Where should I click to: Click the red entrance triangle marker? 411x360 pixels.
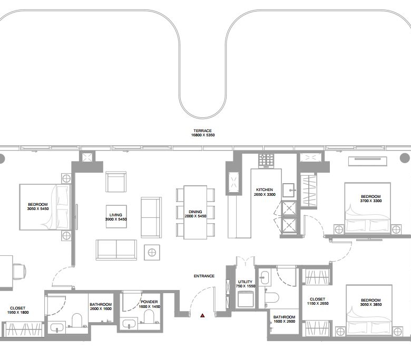(x=202, y=315)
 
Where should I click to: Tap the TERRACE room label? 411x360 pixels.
(x=203, y=131)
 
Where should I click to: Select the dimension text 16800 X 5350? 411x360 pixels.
(x=203, y=135)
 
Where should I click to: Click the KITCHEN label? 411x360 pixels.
(x=265, y=189)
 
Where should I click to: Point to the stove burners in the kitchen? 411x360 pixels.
(x=266, y=159)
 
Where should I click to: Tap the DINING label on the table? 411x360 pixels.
(x=195, y=212)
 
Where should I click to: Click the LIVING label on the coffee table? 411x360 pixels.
(x=115, y=215)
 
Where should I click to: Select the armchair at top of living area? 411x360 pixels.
(x=116, y=182)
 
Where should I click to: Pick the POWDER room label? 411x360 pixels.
(x=149, y=302)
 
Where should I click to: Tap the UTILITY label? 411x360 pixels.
(x=246, y=282)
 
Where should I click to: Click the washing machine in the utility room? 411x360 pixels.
(x=246, y=299)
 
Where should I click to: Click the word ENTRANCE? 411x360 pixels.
(x=204, y=276)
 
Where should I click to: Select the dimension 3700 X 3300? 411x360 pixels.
(x=371, y=201)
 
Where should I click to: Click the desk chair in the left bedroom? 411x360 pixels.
(x=19, y=272)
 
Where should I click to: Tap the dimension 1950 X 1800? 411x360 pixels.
(x=18, y=312)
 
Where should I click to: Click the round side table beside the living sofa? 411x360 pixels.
(x=152, y=253)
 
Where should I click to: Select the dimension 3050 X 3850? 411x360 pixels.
(x=371, y=305)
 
